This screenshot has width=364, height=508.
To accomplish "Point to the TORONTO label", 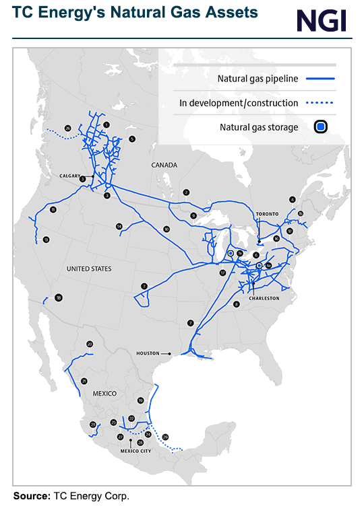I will click(267, 214).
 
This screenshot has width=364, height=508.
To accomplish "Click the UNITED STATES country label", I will click(89, 268).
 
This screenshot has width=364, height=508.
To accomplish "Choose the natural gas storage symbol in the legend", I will click(321, 126).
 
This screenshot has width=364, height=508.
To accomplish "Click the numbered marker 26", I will click(67, 128).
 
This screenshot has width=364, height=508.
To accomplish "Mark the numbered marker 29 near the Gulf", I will click(166, 437).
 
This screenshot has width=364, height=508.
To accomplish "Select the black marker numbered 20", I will click(90, 344).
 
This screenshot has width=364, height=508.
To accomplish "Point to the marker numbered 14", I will click(119, 226).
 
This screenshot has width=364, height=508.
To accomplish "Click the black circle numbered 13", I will click(46, 240).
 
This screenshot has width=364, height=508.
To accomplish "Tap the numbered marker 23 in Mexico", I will click(92, 425).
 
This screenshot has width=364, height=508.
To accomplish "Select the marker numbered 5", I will click(132, 139).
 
